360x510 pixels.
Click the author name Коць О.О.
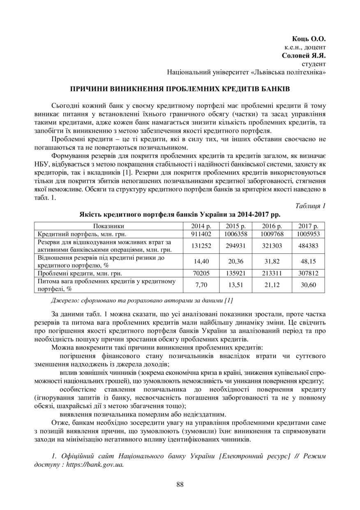coord(309,39)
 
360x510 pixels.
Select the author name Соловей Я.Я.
coord(304,56)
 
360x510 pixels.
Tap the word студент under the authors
coord(314,64)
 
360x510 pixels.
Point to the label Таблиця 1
coord(310,206)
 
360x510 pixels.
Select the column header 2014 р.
coord(201,226)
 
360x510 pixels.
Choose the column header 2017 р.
coord(308,226)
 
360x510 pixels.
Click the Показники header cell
coord(108,226)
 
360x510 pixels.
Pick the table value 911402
coord(201,234)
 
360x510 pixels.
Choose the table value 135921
coord(236,273)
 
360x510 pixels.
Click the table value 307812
coord(308,273)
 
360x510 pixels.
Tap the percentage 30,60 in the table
coord(308,285)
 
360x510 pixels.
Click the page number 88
coord(180,484)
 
